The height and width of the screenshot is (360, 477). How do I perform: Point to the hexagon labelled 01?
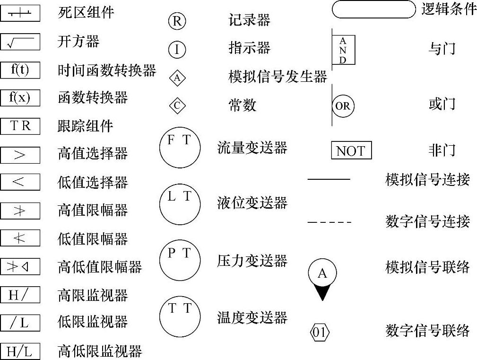320,332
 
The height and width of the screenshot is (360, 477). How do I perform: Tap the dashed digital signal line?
329,222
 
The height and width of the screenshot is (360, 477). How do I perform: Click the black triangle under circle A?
322,293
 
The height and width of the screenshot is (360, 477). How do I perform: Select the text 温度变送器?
252,318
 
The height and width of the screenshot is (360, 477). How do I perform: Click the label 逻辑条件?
449,9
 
